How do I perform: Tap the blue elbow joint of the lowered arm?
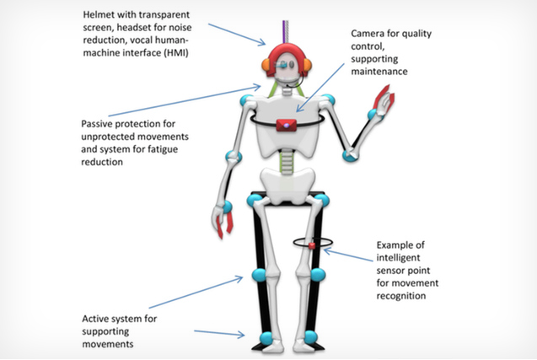228,158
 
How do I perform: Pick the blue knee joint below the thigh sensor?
317,275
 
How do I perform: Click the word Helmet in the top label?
100,16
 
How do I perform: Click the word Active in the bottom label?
97,320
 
